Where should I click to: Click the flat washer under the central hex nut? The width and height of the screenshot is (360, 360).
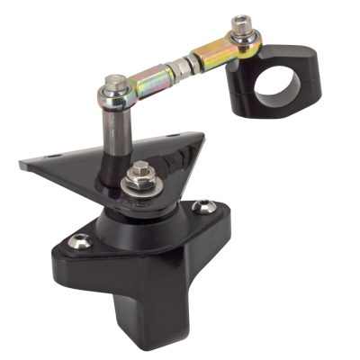pyautogui.click(x=140, y=185)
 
